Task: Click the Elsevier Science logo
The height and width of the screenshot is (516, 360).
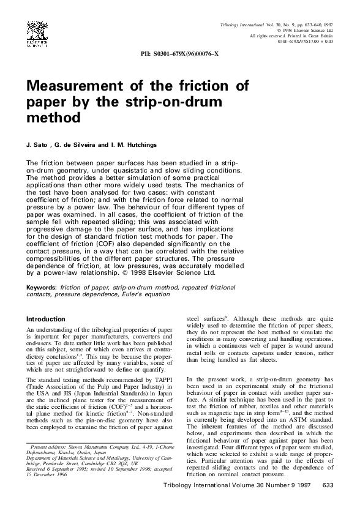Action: (37, 35)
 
